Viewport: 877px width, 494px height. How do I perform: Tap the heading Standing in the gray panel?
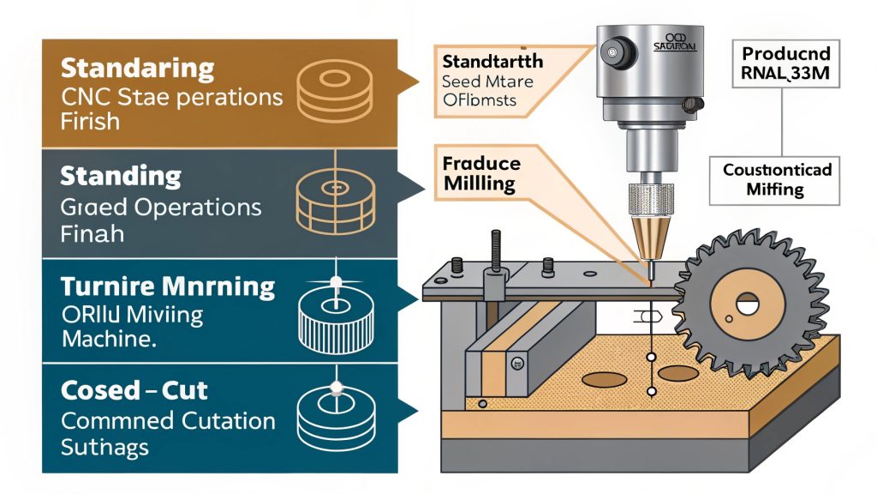(x=121, y=177)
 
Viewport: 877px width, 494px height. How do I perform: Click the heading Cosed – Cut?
(x=134, y=390)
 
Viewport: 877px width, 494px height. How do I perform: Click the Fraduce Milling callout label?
(x=481, y=172)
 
